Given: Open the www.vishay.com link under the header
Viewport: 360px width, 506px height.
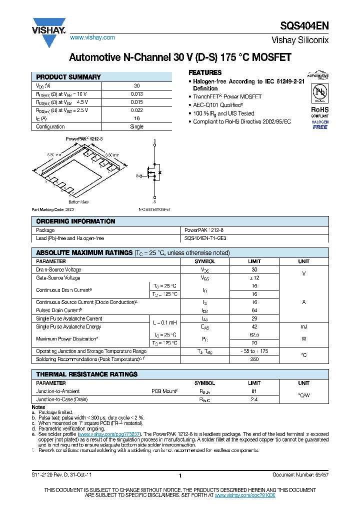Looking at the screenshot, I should coord(92,37).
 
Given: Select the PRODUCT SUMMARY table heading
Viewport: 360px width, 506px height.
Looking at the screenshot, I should coord(68,77).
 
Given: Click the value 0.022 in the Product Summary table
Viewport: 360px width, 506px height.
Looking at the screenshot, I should coord(136,110).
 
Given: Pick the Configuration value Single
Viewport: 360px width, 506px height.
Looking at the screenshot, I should coord(136,126).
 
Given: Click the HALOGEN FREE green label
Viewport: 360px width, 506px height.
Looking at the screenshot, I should coord(320,124).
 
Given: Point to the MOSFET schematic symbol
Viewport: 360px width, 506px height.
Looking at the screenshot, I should coord(154,172).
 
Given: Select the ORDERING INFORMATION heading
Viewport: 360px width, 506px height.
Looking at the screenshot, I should coord(75,221).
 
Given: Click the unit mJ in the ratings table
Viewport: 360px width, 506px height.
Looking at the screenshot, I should coord(303,326).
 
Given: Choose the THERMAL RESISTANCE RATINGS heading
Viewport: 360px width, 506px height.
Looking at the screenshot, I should coord(86,374).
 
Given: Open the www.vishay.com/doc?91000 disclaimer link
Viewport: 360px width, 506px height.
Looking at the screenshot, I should coord(245,494).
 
